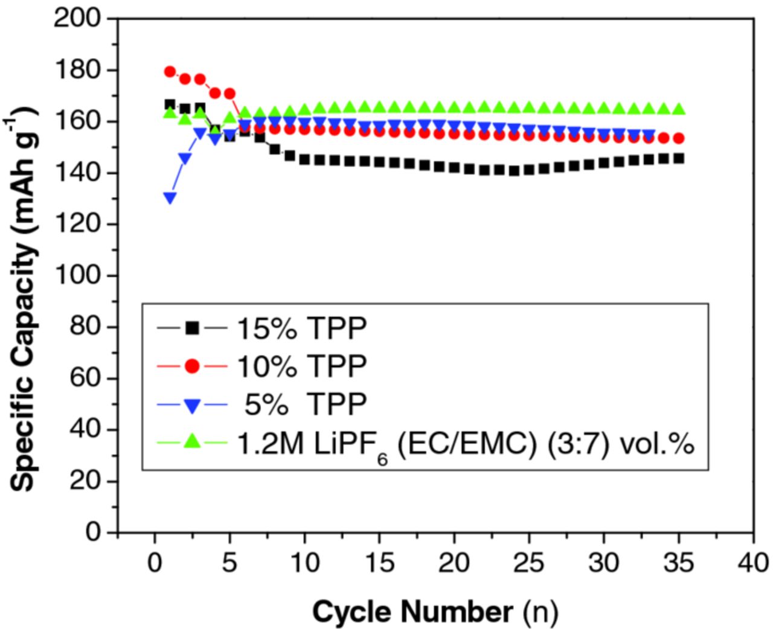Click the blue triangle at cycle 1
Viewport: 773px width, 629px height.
tap(170, 198)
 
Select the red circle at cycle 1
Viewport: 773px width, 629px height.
tap(170, 72)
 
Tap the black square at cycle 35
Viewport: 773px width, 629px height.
tap(679, 158)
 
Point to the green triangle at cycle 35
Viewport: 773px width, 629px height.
tap(679, 109)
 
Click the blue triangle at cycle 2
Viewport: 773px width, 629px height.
tap(185, 159)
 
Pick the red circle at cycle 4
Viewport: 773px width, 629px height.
tap(215, 93)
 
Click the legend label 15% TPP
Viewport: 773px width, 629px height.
tap(301, 329)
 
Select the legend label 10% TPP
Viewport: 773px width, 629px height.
tap(301, 366)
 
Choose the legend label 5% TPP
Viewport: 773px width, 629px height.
tap(305, 404)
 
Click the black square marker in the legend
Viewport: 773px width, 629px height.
tap(192, 328)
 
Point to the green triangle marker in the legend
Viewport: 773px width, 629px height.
tap(192, 441)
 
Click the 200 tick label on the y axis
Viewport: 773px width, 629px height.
tap(77, 18)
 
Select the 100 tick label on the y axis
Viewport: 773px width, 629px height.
tap(77, 275)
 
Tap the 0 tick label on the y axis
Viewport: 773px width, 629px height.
tap(92, 532)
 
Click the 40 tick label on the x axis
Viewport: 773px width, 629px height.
tap(753, 563)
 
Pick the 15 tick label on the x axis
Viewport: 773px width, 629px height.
tap(379, 563)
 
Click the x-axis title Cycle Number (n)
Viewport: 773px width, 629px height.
tap(435, 612)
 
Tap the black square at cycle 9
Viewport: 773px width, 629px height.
tap(290, 156)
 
